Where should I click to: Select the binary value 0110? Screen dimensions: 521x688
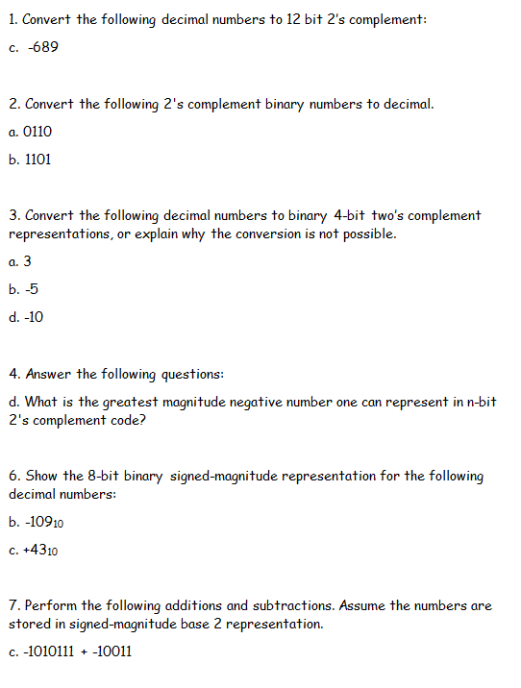click(38, 132)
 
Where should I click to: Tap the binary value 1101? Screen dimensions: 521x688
click(37, 159)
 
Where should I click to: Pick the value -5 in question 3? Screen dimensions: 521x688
click(33, 288)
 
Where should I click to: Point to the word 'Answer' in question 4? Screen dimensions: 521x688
click(49, 374)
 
